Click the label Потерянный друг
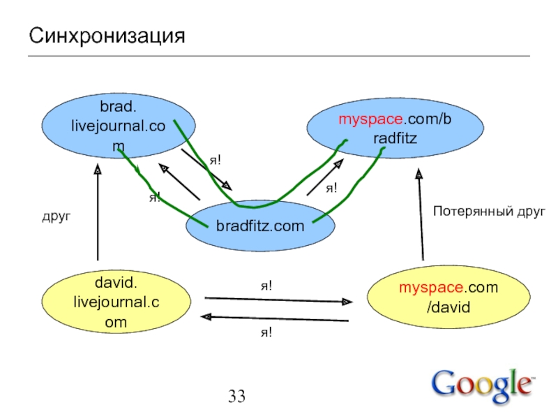coord(488,210)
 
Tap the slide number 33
coord(236,397)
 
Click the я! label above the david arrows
coord(266,285)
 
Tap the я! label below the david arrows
coord(266,333)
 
